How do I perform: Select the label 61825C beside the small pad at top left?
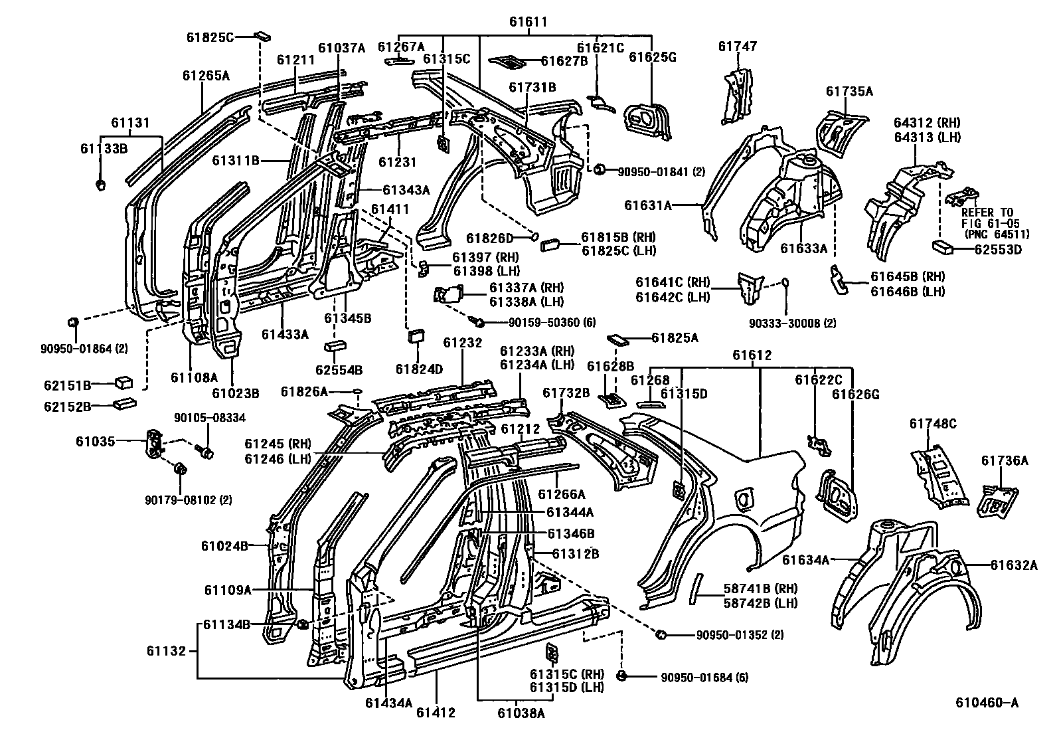(x=209, y=37)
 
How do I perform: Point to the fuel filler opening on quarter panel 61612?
(x=744, y=496)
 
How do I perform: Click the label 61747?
(x=737, y=46)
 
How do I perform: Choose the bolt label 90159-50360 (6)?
(x=543, y=322)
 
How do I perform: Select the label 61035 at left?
(x=95, y=440)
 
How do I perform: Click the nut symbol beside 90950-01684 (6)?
(x=621, y=676)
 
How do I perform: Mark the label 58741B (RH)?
(x=760, y=589)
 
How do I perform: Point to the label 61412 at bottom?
(x=436, y=713)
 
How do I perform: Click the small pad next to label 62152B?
(x=124, y=403)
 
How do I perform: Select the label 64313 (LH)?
(x=927, y=137)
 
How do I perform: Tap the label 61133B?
(x=104, y=148)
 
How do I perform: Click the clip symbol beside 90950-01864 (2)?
(x=74, y=323)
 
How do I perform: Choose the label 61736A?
(x=1005, y=460)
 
